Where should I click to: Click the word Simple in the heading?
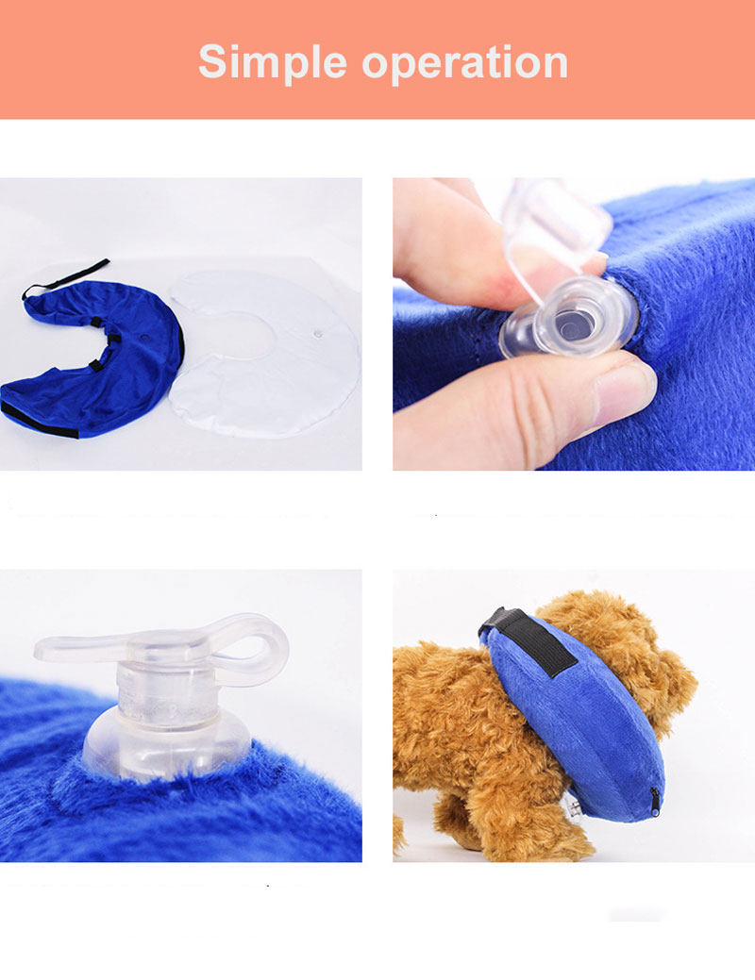coord(272,62)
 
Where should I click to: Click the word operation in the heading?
coord(464,62)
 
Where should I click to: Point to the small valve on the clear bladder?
coord(318,335)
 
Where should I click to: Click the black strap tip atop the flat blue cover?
coord(66,277)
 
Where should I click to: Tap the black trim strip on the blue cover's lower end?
coord(39,421)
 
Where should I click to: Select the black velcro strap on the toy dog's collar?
coord(530,639)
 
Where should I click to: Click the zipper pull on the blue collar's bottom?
coord(654,803)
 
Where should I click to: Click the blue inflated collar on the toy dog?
coord(576,719)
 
